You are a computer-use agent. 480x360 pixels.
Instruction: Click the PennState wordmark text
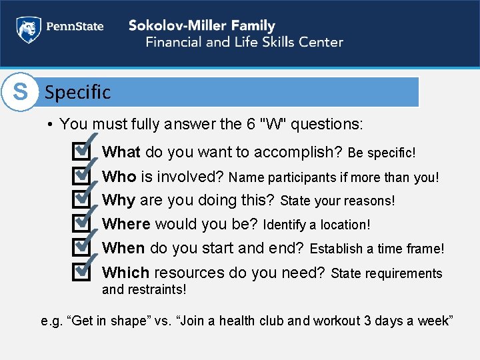74,27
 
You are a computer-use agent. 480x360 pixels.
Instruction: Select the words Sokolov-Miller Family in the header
201,26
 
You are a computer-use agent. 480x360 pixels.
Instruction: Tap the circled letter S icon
20,92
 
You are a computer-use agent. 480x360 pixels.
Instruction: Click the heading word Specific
77,92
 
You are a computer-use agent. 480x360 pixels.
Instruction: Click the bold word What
121,152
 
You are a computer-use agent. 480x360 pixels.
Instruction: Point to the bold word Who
119,176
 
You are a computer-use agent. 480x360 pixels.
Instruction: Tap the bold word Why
119,200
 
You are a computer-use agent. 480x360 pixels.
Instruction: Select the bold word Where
125,224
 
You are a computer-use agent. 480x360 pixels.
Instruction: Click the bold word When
123,248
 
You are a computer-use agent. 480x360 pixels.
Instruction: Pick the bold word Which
125,273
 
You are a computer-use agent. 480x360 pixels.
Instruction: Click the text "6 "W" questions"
307,124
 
